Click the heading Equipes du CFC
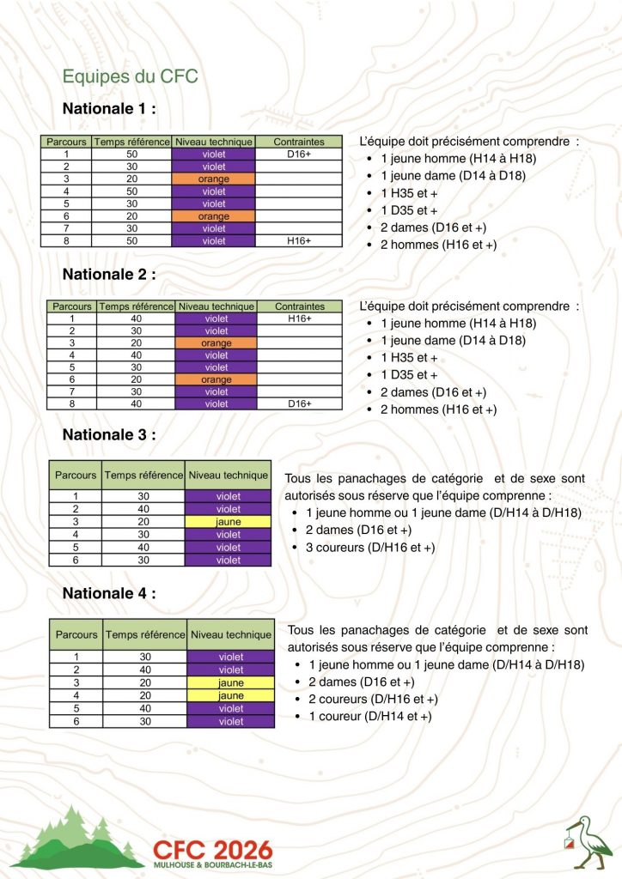pos(131,76)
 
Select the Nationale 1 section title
pos(109,109)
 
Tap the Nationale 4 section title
pos(109,592)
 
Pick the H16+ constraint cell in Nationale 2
pos(299,318)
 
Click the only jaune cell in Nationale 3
pos(229,521)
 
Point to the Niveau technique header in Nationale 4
pos(229,635)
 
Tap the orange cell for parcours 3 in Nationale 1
pos(213,179)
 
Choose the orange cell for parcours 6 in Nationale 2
pos(216,379)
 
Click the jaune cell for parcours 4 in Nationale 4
pos(230,695)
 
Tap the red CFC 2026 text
pos(212,848)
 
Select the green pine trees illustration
pos(78,837)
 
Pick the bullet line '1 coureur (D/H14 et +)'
pos(369,716)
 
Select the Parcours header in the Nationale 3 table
pos(76,474)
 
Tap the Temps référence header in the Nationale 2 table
pos(135,306)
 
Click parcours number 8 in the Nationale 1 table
pos(65,241)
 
